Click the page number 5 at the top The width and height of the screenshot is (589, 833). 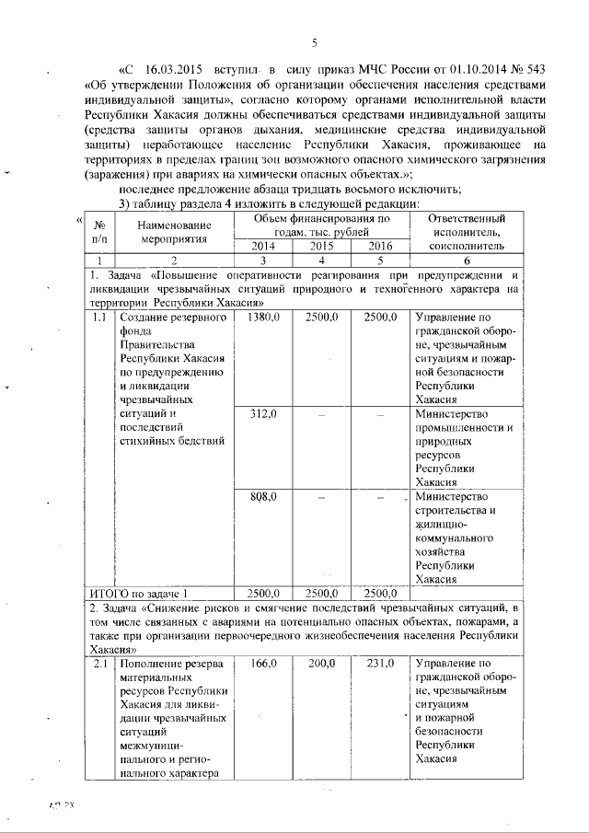[x=314, y=43]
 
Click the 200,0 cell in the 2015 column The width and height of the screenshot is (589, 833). [x=322, y=663]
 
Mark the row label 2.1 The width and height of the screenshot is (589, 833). [x=99, y=663]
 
